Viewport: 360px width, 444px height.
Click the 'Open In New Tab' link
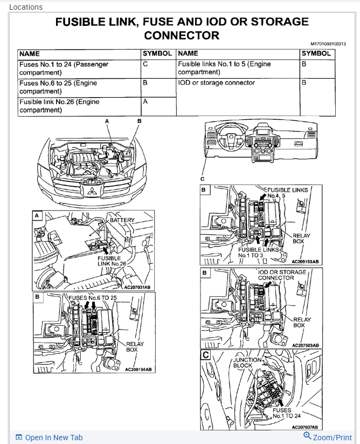click(x=53, y=438)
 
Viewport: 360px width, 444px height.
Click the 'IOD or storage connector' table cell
click(x=216, y=83)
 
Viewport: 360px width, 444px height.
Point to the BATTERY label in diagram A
click(x=121, y=220)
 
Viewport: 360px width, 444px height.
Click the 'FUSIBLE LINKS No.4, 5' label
click(x=288, y=193)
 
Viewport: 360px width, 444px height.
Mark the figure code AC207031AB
click(x=138, y=287)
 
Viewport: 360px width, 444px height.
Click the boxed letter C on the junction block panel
click(x=205, y=354)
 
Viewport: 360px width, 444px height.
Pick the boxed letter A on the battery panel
click(x=37, y=215)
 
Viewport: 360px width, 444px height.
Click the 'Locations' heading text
click(x=25, y=7)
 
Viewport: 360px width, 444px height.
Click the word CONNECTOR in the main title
click(x=182, y=36)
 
